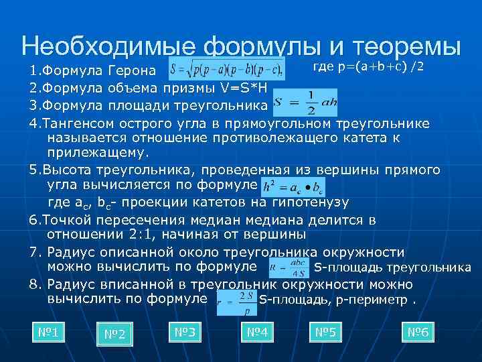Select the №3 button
coord(184,332)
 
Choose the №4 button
coord(257,332)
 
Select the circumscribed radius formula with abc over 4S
coord(289,268)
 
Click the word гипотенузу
coord(313,202)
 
